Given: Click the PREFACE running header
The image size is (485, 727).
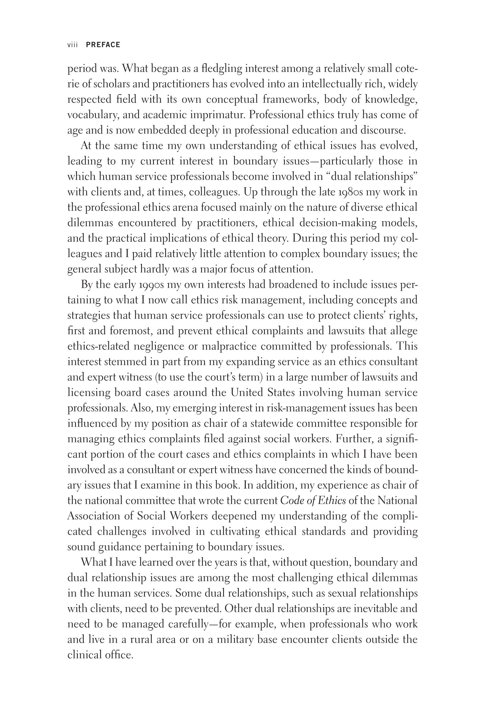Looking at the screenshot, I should point(103,45).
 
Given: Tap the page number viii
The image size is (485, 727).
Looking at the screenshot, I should point(72,45).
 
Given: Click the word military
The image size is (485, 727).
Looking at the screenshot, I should point(235,639).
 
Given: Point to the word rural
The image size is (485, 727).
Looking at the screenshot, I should point(142,639).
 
